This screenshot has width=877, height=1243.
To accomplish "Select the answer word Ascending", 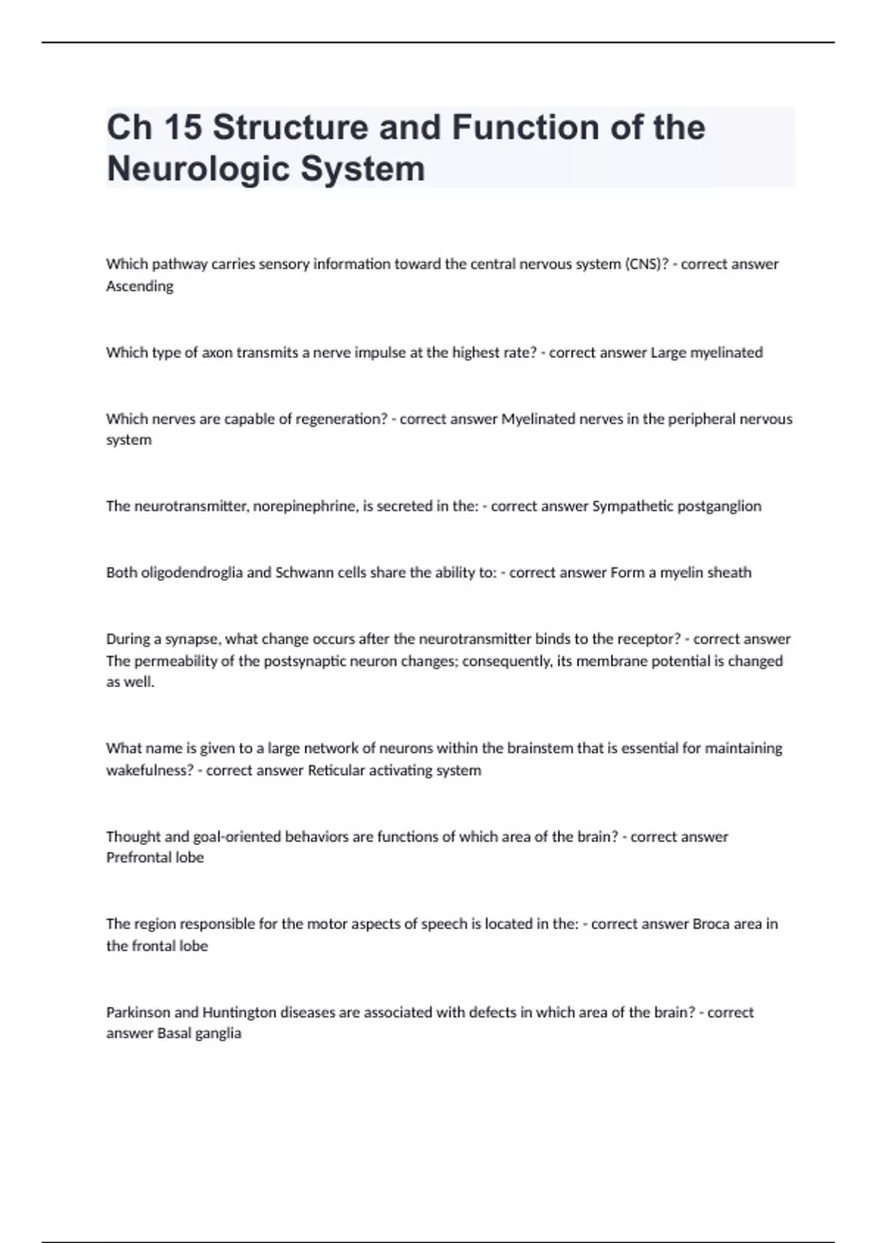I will pos(140,286).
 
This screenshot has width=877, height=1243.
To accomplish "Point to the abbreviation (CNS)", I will pos(645,264).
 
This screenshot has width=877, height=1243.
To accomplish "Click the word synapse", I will pos(191,639).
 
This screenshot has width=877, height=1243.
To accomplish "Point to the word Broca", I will pos(710,923).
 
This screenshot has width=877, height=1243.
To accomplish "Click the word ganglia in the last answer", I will pos(218,1033).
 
